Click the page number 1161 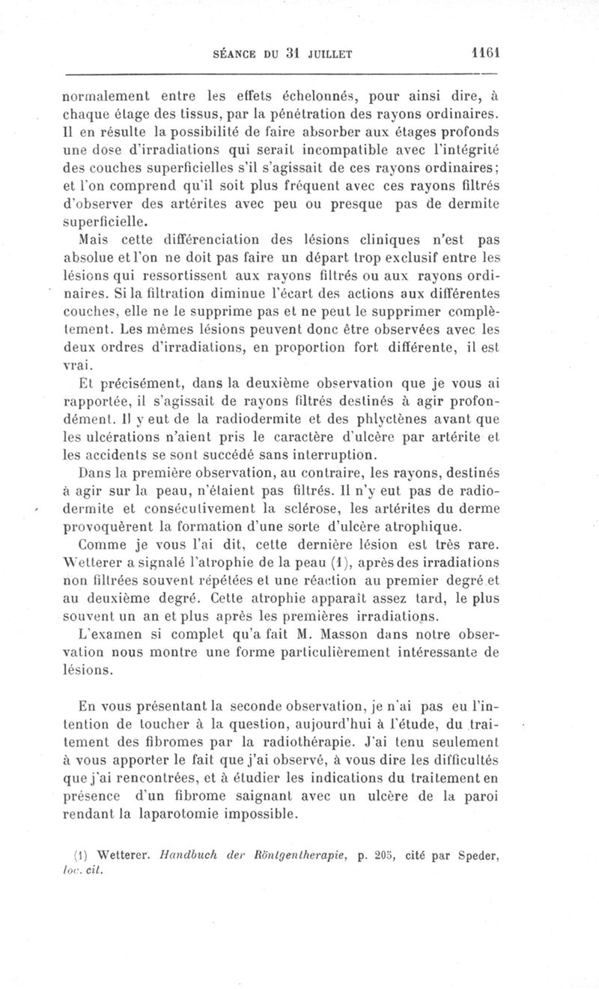coord(485,53)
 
